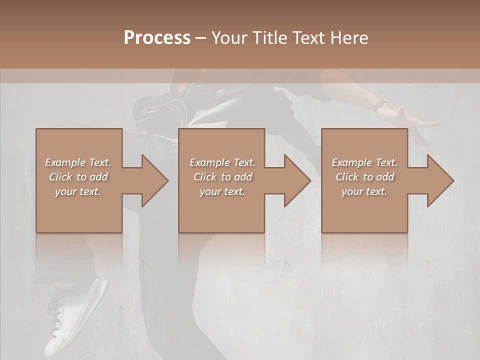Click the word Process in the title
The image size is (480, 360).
(157, 38)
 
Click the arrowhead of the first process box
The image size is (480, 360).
(154, 180)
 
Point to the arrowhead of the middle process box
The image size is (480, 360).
(297, 180)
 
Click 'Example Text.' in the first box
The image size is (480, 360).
(78, 162)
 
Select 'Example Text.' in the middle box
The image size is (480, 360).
(222, 162)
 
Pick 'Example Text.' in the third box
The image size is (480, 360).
(364, 162)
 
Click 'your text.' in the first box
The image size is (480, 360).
(78, 191)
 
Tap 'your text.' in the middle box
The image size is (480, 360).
(222, 191)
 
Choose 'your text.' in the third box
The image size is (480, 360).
(364, 191)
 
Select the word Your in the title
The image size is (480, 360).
(229, 38)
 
